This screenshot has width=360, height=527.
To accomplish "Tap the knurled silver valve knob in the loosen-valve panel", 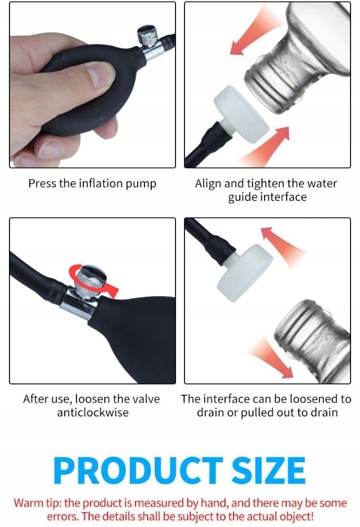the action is [x=90, y=277].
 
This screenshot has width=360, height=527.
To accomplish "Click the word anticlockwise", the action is [x=93, y=413].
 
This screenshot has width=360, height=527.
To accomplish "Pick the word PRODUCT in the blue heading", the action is [x=138, y=470].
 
